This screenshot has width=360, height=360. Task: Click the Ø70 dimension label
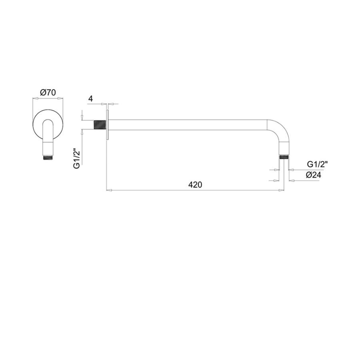48,92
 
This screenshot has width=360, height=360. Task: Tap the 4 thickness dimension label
91,99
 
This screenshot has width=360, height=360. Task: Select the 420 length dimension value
195,184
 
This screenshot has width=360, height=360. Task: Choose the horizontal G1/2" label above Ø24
317,164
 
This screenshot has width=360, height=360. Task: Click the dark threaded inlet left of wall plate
100,125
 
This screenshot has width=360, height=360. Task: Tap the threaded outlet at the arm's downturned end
284,157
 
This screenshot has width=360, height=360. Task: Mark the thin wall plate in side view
107,124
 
